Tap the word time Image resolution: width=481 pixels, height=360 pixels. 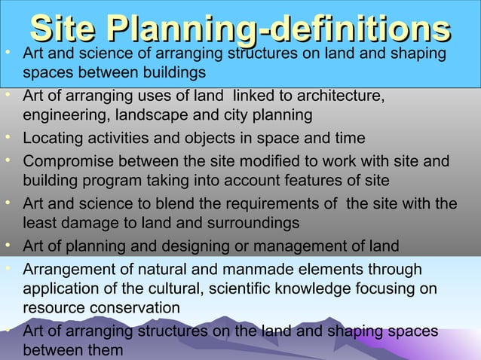pyautogui.click(x=347, y=139)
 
